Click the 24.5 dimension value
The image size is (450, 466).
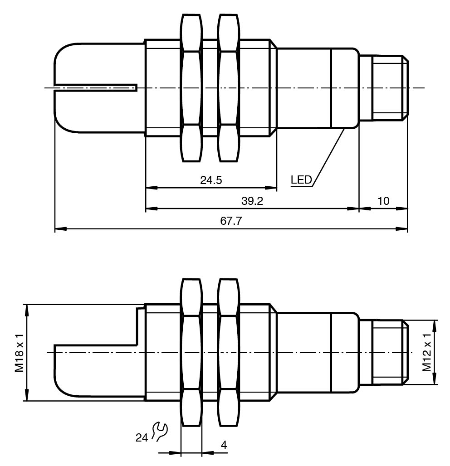(x=211, y=180)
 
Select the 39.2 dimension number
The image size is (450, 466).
(x=252, y=201)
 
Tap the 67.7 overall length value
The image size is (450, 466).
(x=230, y=222)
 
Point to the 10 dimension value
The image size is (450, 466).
(x=383, y=201)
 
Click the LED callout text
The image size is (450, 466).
(x=301, y=180)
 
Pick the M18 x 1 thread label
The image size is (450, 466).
(x=19, y=352)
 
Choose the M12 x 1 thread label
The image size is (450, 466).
(x=427, y=352)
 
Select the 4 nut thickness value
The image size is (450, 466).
(x=224, y=445)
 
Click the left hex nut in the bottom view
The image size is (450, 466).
(x=191, y=352)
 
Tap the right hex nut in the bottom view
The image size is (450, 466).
(x=228, y=352)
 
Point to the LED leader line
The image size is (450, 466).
(x=328, y=156)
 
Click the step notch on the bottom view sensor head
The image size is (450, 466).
(x=137, y=326)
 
